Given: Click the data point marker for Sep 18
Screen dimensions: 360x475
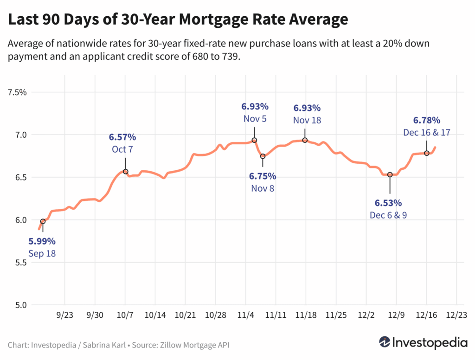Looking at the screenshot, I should [x=43, y=221].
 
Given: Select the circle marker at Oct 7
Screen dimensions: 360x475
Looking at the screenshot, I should [x=125, y=172].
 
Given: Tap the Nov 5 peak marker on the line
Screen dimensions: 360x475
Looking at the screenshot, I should [x=254, y=140].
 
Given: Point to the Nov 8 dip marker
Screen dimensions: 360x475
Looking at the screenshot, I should [x=263, y=156].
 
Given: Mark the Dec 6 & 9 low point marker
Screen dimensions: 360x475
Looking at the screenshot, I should [x=390, y=174].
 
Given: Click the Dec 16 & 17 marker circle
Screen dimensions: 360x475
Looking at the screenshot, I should [x=427, y=153].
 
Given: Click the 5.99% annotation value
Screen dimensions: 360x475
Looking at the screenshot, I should [x=42, y=241].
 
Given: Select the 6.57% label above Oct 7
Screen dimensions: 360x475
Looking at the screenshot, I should [x=122, y=137].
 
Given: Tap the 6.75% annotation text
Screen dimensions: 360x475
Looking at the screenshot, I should [x=263, y=176].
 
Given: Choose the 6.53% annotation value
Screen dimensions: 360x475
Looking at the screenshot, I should [x=388, y=203].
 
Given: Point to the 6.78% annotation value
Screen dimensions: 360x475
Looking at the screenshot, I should [x=427, y=120].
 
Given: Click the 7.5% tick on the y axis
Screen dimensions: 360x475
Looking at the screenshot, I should [x=18, y=92].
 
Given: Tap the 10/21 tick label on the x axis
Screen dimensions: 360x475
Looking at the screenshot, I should [x=185, y=315].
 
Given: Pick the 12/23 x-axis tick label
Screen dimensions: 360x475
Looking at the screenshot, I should [x=457, y=315].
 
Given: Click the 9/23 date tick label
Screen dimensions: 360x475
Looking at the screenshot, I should [x=64, y=315].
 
